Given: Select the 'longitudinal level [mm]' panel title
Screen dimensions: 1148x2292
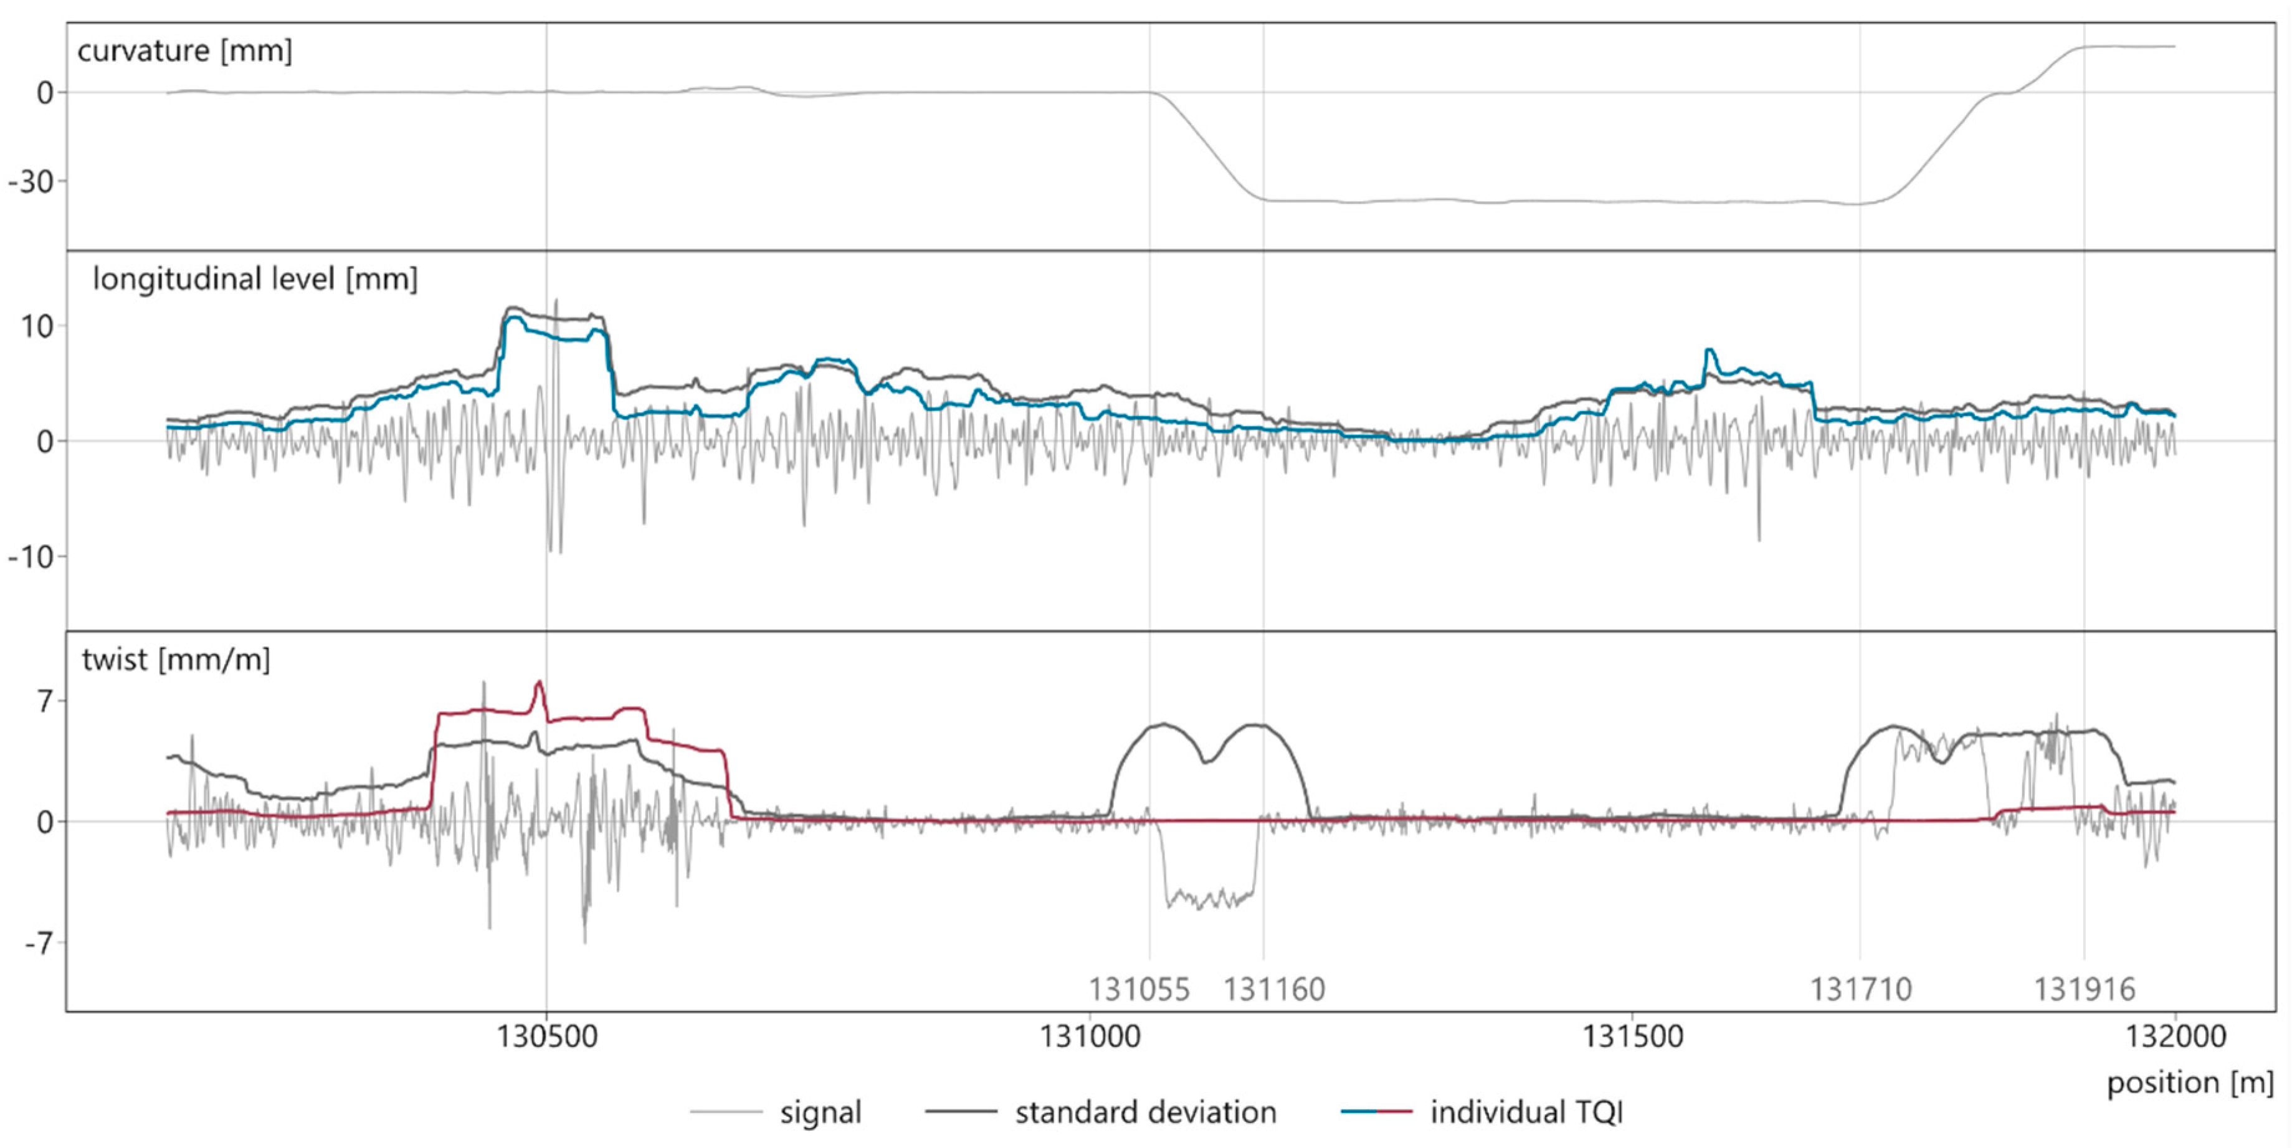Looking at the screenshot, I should [x=254, y=280].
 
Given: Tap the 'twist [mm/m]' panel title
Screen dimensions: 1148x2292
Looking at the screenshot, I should [x=175, y=660].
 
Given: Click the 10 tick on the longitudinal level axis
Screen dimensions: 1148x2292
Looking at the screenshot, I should [x=37, y=326].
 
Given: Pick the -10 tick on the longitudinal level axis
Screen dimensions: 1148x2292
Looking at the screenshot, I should [x=31, y=557].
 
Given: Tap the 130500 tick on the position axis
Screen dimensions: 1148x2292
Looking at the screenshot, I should [x=546, y=1037].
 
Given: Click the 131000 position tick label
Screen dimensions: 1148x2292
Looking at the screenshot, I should [x=1090, y=1037].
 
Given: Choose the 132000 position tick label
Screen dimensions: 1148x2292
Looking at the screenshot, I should [x=2175, y=1037].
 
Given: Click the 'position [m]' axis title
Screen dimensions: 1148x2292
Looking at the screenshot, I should [x=2190, y=1083].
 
